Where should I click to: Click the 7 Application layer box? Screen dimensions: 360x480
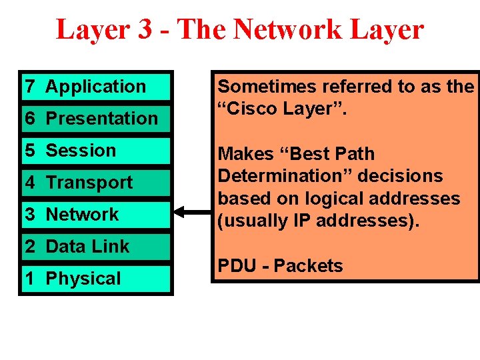click(x=95, y=86)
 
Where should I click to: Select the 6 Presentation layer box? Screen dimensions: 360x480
click(x=95, y=118)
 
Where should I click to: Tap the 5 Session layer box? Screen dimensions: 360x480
click(x=95, y=150)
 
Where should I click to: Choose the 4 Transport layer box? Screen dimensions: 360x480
click(x=95, y=182)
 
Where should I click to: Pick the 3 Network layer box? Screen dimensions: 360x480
click(x=95, y=214)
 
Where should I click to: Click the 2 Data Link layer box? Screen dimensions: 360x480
click(x=95, y=246)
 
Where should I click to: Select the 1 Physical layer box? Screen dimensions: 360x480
click(x=95, y=278)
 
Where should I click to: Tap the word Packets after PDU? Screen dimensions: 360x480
click(x=308, y=266)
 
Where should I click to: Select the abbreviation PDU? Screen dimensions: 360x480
click(x=237, y=266)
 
